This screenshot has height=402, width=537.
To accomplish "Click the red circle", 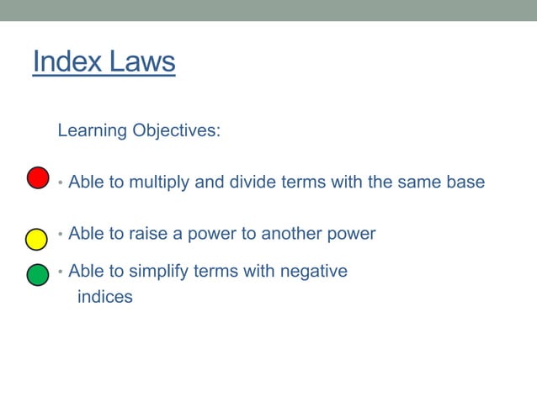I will pyautogui.click(x=38, y=178).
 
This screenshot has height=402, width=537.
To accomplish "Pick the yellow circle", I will pyautogui.click(x=36, y=239).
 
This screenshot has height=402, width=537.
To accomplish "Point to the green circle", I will pyautogui.click(x=38, y=275).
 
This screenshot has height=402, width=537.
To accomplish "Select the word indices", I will pyautogui.click(x=104, y=297).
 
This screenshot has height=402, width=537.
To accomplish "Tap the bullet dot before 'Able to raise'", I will pyautogui.click(x=61, y=235).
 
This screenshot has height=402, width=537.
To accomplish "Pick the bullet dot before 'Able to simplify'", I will pyautogui.click(x=61, y=272).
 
